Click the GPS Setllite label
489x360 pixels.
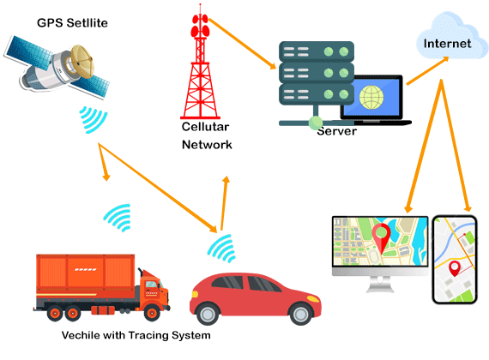72,23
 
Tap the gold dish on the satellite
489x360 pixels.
82,61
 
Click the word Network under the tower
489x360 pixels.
207,145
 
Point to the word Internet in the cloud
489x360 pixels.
447,44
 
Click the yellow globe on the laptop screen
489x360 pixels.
371,97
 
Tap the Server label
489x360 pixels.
337,131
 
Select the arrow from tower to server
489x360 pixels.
242,44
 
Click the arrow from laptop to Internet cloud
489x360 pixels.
427,71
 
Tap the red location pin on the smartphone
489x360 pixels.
455,268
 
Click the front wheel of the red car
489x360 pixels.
300,314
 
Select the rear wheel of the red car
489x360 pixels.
207,314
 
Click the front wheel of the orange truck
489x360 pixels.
152,313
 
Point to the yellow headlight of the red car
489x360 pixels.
313,298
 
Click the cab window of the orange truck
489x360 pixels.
152,285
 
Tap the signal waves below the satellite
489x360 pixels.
93,120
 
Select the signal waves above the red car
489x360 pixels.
221,249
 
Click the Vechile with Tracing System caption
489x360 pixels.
136,335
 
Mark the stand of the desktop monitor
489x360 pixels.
380,285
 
